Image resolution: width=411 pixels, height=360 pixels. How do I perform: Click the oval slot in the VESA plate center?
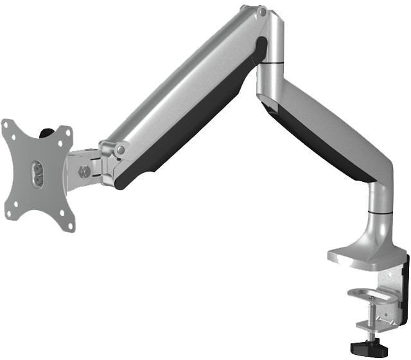[x=37, y=174]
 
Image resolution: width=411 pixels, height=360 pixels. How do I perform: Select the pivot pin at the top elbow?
[x=261, y=11]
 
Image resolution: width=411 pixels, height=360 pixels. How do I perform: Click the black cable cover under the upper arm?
[x=193, y=129]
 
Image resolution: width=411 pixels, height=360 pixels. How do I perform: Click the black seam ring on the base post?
[x=380, y=212]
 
